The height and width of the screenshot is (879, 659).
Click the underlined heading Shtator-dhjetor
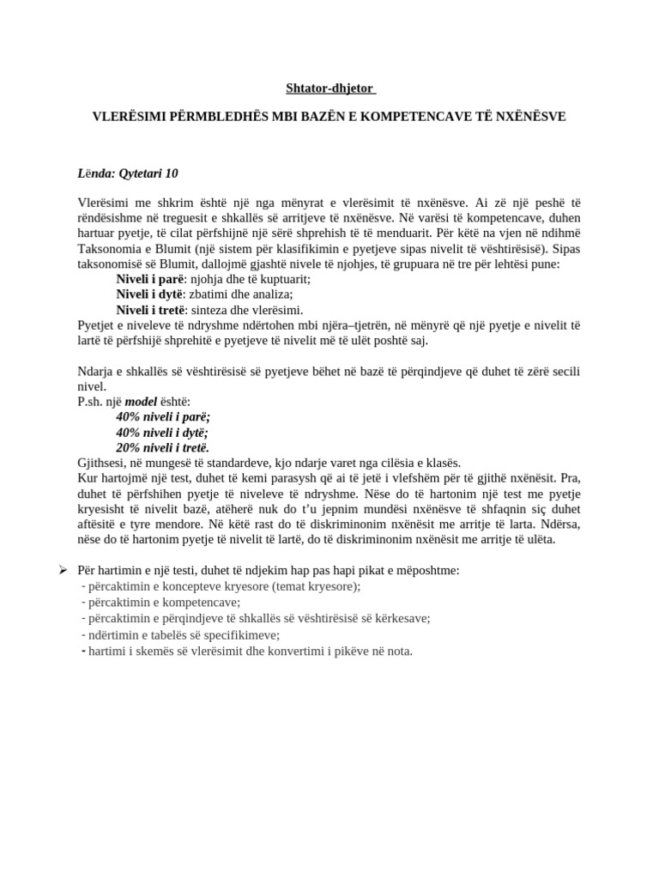click(329, 88)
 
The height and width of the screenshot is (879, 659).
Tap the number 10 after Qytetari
click(171, 173)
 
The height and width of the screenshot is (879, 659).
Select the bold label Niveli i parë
click(150, 279)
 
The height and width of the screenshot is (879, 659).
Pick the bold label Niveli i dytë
click(149, 294)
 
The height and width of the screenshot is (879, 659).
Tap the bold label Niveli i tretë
click(151, 310)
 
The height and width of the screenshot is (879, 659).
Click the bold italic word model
click(141, 401)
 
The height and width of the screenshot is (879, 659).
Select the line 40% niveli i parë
click(163, 416)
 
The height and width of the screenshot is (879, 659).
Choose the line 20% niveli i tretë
click(163, 447)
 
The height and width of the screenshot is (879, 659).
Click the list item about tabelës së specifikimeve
click(184, 635)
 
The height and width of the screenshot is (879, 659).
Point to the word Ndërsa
click(558, 524)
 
